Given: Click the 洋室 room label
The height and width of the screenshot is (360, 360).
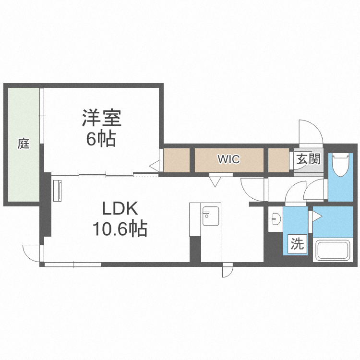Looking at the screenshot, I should (101, 118).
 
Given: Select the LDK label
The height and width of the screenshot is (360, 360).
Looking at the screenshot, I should (120, 209).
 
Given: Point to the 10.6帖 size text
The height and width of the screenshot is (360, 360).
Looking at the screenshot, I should (120, 229).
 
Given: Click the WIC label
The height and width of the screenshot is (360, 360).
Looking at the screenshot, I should (228, 159).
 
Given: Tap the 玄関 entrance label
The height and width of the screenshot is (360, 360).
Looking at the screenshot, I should (308, 159).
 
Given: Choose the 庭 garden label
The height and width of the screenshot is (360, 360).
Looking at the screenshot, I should (24, 143).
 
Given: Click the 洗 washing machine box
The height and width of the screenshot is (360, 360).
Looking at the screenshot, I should (298, 244).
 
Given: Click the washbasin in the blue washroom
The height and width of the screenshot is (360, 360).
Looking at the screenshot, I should (276, 218).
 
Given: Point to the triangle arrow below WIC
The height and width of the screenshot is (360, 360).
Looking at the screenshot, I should (215, 181).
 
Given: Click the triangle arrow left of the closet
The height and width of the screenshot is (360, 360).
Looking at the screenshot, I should (155, 166).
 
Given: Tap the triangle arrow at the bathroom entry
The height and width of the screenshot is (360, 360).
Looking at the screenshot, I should (317, 216).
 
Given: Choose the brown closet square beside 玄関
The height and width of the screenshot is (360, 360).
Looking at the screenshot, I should (278, 160).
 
